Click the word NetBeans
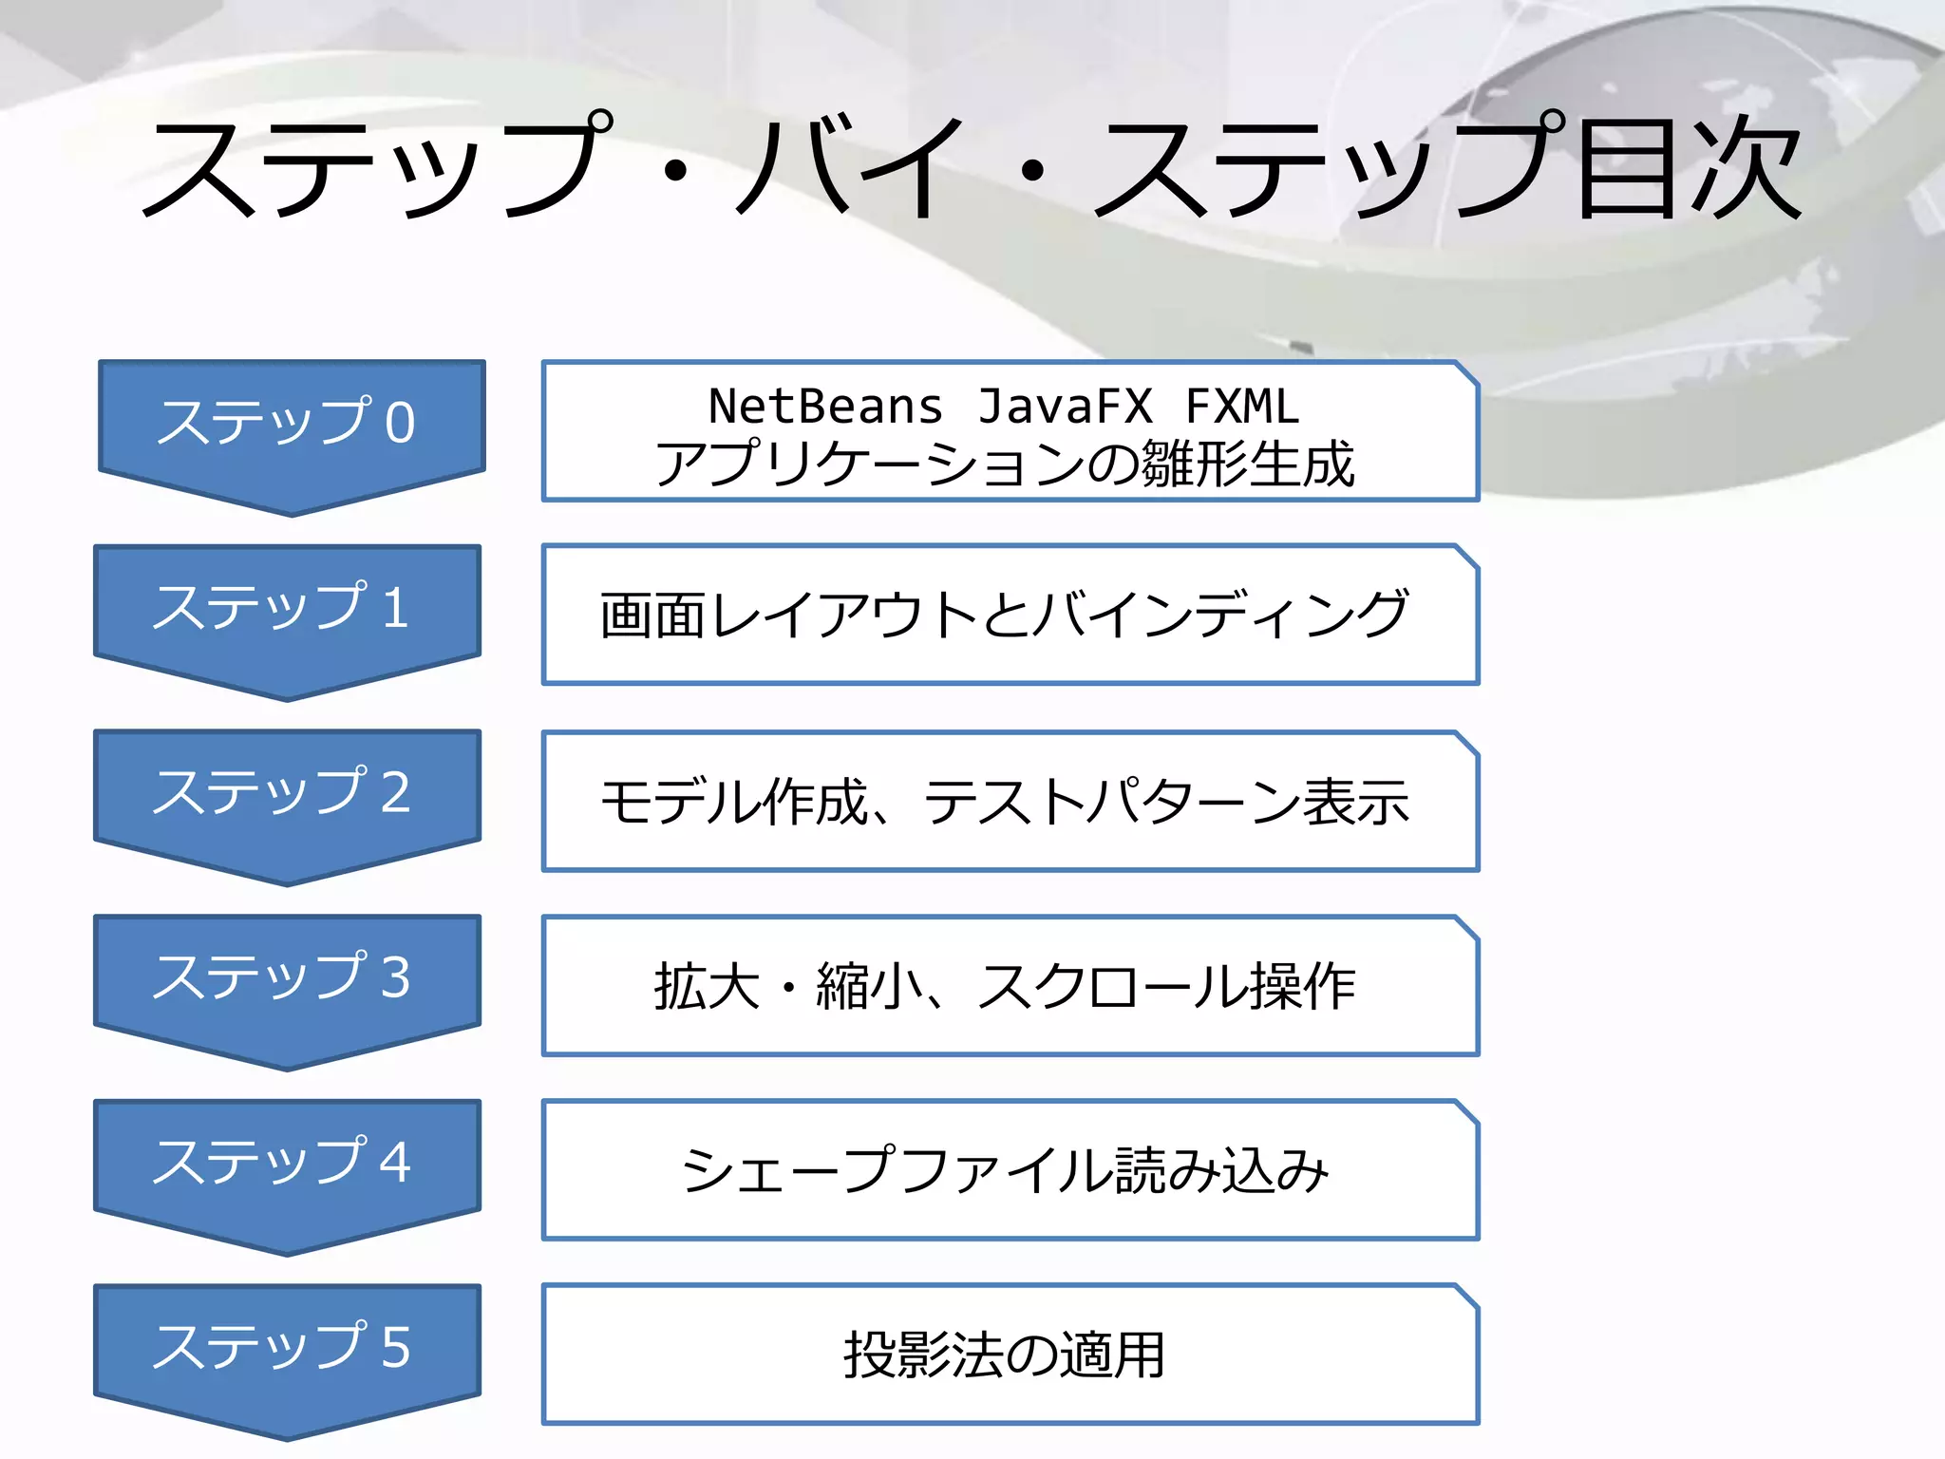coord(825,407)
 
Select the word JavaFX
coord(1065,407)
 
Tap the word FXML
coord(1242,407)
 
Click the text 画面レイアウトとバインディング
coord(1004,615)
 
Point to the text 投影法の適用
coord(1004,1355)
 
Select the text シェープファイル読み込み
coord(1004,1170)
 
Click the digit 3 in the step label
coord(395,978)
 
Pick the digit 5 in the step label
coord(395,1349)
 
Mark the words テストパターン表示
coord(1166,802)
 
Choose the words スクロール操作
coord(1166,986)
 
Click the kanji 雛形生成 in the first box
coord(1247,464)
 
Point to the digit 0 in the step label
coord(400,424)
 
